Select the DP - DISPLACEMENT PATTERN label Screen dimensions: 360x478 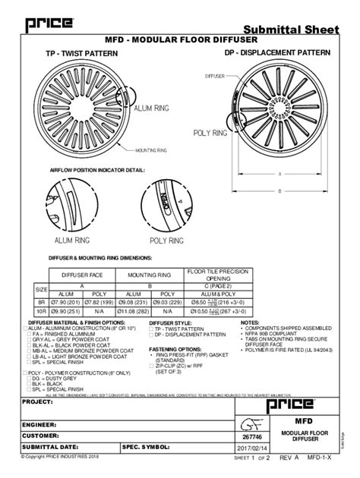coord(278,54)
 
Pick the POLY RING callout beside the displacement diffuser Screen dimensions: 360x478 coord(210,133)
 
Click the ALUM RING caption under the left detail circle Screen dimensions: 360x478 coord(73,240)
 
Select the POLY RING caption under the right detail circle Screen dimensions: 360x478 coord(167,241)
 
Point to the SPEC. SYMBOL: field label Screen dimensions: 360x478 coord(145,448)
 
